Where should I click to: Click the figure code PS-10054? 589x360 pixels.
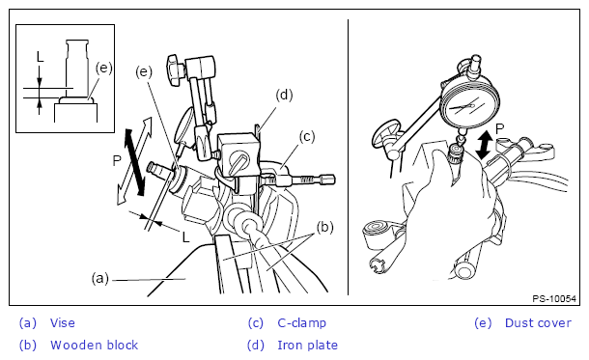point(554,299)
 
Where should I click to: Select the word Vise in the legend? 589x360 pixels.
point(63,322)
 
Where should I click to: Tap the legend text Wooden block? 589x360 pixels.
point(95,345)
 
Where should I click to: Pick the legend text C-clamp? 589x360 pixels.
point(301,322)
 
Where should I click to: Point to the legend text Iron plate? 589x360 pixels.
point(307,345)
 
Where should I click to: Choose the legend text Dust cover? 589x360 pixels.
point(538,322)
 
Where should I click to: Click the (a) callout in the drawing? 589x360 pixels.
point(100,279)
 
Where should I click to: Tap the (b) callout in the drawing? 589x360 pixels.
point(325,227)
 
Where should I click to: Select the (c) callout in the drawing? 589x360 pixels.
point(307,137)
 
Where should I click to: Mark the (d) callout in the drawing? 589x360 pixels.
point(284,95)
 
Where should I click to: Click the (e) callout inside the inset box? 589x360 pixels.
point(103,68)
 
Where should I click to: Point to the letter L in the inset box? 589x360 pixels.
point(41,57)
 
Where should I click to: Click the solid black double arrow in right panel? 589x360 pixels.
point(484,145)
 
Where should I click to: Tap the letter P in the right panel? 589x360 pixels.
point(499,128)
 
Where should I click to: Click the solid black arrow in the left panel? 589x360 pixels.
point(134,162)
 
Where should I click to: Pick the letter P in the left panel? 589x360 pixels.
point(117,160)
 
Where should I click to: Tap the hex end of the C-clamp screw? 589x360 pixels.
point(327,180)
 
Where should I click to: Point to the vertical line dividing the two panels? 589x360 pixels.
point(348,157)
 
